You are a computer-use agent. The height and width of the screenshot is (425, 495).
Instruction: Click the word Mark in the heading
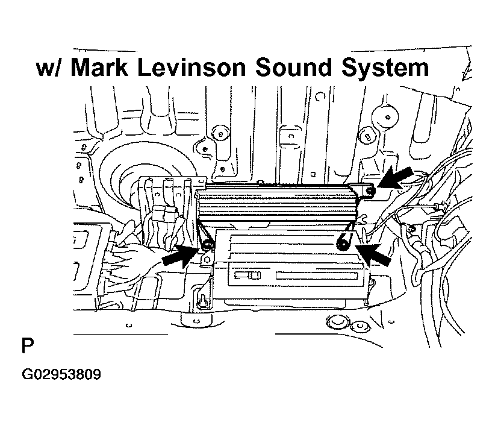[99, 68]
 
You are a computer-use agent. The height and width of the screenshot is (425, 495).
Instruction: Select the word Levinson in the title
[191, 68]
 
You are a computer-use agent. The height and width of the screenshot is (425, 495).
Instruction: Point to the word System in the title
[385, 69]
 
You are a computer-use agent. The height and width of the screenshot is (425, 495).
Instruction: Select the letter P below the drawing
[28, 345]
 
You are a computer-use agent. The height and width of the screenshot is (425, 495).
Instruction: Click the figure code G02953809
[61, 374]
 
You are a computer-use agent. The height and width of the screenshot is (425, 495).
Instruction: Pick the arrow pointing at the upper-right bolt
[395, 178]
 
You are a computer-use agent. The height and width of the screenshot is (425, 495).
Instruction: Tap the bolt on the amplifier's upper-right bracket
[370, 190]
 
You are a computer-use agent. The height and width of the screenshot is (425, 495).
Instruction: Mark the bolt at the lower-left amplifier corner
[207, 244]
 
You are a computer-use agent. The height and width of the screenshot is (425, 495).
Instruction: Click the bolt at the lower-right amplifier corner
[343, 244]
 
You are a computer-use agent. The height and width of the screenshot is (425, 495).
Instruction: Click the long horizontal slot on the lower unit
[317, 275]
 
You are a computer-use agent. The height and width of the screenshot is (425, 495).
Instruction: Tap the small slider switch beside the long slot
[248, 275]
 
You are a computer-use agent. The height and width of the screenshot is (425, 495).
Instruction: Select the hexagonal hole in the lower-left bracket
[207, 260]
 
